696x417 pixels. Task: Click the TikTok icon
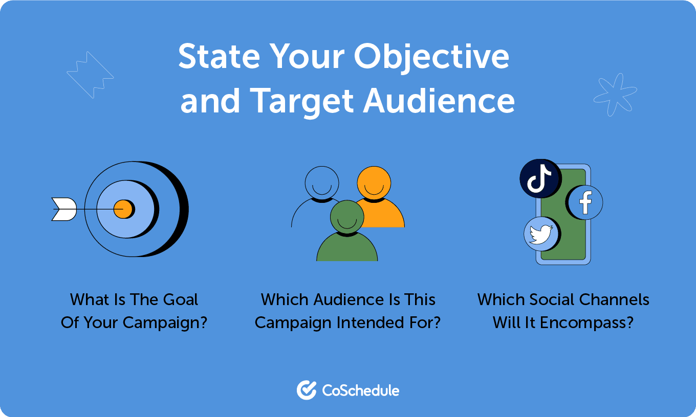coord(539,179)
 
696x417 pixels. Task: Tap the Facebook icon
coord(585,202)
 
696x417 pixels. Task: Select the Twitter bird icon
coord(541,234)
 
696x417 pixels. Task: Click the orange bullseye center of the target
coord(123,209)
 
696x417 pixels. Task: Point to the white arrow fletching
coord(64,209)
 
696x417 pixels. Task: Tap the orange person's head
coord(374,183)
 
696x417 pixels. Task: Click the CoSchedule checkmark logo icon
coord(307,390)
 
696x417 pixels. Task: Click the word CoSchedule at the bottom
coord(361,391)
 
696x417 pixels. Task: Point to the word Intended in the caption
coord(372,323)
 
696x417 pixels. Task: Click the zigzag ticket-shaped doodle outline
coord(90,75)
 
